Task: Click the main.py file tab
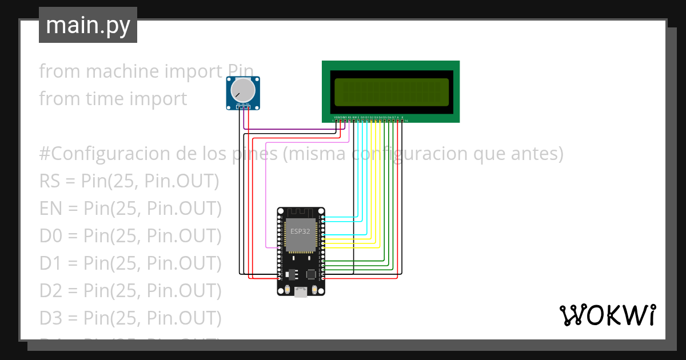(x=87, y=25)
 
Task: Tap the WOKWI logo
(x=607, y=315)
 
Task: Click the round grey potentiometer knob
(x=243, y=91)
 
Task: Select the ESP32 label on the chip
(x=301, y=231)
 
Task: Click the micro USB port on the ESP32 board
(x=301, y=292)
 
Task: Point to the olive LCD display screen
(x=392, y=91)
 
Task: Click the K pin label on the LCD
(x=402, y=117)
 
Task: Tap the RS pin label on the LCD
(x=349, y=117)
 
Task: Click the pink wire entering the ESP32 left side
(x=272, y=247)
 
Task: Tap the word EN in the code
(x=51, y=209)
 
